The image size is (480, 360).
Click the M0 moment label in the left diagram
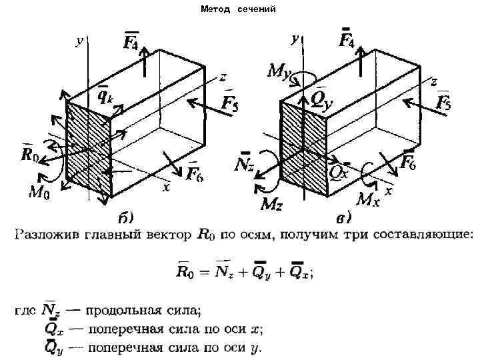[38, 193]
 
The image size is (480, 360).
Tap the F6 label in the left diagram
[195, 174]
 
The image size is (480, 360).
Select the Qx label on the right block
[339, 171]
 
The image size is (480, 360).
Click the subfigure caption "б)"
[126, 217]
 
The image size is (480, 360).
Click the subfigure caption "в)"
[344, 217]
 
